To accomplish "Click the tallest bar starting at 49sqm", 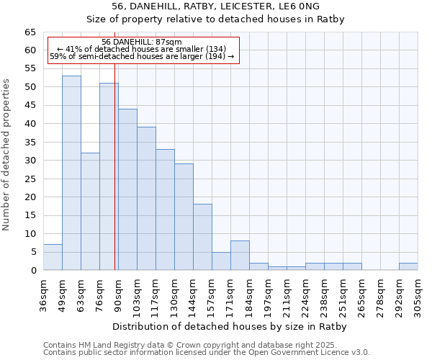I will tap(71, 173).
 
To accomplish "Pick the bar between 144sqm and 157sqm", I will tap(202, 237).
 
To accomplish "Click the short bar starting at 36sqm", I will tap(53, 257).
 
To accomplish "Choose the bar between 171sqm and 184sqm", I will tap(240, 255).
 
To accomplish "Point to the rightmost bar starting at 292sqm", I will tap(408, 266).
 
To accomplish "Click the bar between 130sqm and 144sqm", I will tap(184, 217).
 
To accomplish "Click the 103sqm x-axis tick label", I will tap(138, 294).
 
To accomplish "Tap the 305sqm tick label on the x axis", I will tap(418, 294).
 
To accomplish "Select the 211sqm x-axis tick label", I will tap(287, 294).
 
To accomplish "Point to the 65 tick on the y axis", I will tap(30, 32).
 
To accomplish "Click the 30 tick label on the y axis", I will tap(30, 161).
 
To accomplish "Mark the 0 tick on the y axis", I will tap(33, 271).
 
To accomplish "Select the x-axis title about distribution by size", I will tap(230, 326).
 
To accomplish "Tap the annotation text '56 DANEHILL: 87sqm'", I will tap(142, 42).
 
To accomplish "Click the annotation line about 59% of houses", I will tap(142, 56).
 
